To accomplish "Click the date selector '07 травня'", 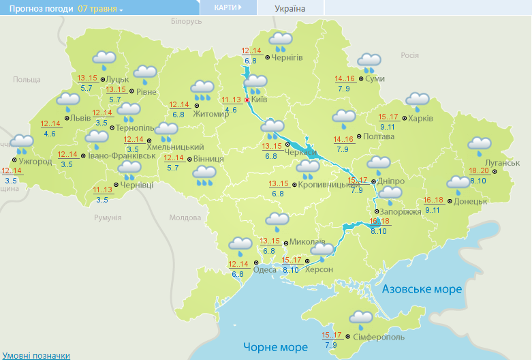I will (99, 9).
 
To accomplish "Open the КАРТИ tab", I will (228, 7).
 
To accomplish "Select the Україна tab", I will (290, 8).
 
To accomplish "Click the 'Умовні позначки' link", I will (36, 355).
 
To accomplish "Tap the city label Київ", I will (259, 100).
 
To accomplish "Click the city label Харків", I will (421, 118).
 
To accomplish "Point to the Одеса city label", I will (264, 269).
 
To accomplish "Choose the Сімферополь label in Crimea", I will (379, 337).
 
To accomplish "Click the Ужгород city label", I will (35, 162).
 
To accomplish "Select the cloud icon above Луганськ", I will (480, 145).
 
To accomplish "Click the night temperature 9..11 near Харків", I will (388, 127).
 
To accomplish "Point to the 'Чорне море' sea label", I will (276, 347).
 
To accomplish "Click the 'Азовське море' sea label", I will (422, 289).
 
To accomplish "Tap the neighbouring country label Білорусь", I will (187, 22).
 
